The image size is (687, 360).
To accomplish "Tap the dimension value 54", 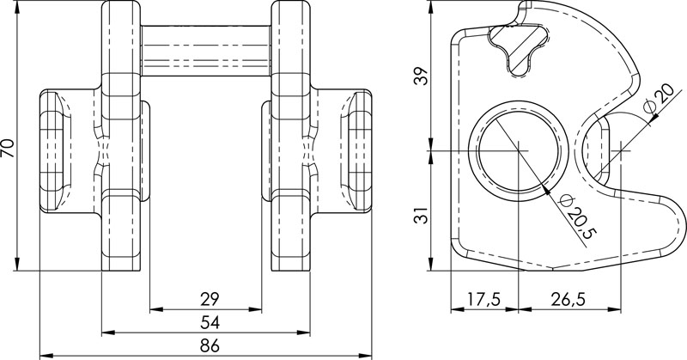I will [x=206, y=322].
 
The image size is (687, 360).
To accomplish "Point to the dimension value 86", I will [x=206, y=346].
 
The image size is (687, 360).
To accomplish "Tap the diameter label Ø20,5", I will [x=578, y=216].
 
